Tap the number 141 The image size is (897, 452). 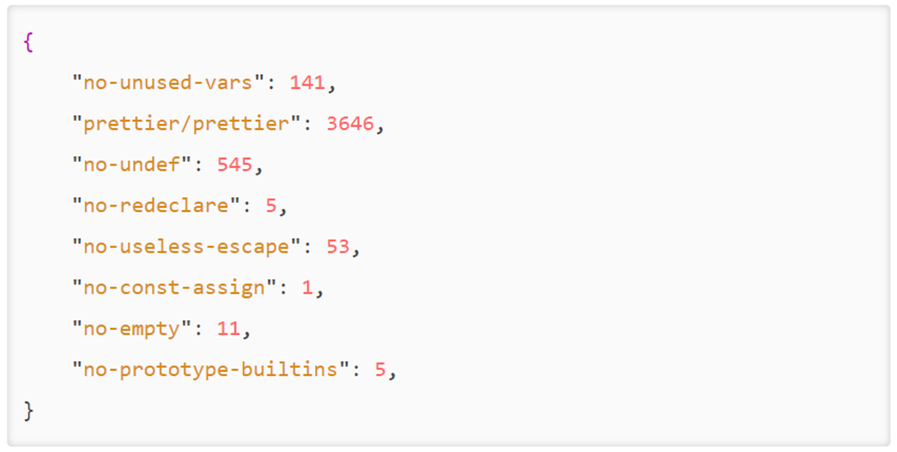[307, 83]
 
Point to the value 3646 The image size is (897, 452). [350, 124]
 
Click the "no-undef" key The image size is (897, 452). [131, 165]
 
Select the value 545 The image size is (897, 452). [235, 165]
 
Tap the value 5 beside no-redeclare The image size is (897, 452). [271, 206]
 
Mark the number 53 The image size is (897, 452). [338, 247]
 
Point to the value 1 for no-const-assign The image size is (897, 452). [307, 288]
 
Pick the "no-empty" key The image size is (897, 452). [131, 329]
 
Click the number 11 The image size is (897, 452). [229, 329]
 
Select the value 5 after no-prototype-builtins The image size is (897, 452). [381, 370]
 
